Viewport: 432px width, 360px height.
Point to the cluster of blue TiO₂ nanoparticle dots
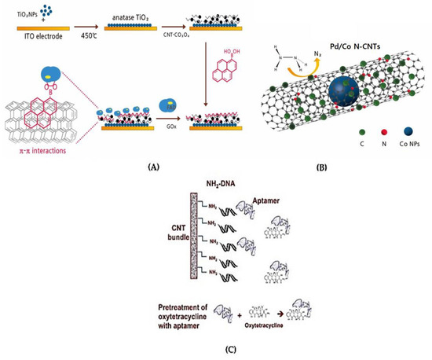pos(52,10)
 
